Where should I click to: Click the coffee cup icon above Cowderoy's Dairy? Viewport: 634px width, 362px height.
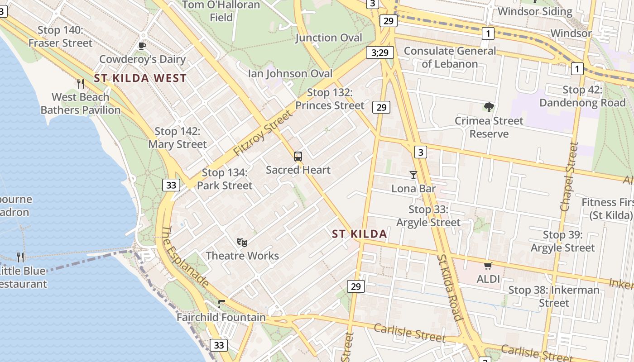tap(142, 46)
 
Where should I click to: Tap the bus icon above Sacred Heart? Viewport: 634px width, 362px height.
tap(298, 157)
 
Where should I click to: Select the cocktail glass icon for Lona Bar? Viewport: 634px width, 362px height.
tap(413, 175)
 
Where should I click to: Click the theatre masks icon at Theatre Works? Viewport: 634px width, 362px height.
tap(242, 243)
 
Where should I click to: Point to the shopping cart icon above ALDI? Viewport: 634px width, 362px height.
tap(488, 266)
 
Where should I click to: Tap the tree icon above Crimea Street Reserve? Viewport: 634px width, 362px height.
tap(489, 107)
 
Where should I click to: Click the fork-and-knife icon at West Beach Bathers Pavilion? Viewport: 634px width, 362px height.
tap(81, 83)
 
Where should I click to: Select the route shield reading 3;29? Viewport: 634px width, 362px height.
tap(379, 52)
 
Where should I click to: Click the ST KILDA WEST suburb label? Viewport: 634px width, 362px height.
tap(140, 78)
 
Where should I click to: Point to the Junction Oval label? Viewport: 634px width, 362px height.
tap(329, 38)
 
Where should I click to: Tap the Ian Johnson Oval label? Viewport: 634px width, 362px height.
tap(290, 73)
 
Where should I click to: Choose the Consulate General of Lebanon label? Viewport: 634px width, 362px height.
tap(450, 57)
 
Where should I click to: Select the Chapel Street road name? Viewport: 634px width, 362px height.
tap(569, 176)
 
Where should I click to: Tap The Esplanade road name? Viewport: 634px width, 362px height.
tap(185, 257)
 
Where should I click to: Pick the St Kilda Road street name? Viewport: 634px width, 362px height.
tap(450, 288)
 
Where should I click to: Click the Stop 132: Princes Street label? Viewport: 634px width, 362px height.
tap(330, 99)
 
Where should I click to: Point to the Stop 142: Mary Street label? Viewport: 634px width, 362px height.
tap(178, 138)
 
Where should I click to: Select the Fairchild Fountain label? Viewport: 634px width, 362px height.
tap(221, 317)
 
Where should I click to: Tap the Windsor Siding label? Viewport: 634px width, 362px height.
tap(535, 11)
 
